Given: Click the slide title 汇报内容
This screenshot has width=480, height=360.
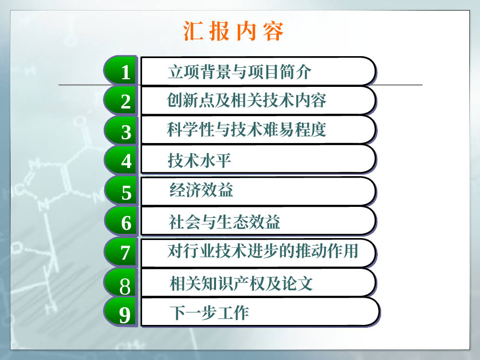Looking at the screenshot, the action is pyautogui.click(x=233, y=31).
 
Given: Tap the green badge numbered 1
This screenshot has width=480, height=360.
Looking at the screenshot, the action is pyautogui.click(x=120, y=70).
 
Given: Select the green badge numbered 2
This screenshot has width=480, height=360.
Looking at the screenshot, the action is pyautogui.click(x=120, y=100).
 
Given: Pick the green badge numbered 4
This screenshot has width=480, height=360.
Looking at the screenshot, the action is pyautogui.click(x=120, y=160).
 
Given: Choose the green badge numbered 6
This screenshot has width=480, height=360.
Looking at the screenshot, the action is pyautogui.click(x=120, y=221).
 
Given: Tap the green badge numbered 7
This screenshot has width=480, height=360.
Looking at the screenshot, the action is pyautogui.click(x=120, y=252).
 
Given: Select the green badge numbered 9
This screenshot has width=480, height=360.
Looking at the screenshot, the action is pyautogui.click(x=120, y=312).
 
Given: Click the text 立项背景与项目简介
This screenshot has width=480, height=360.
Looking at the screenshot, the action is pyautogui.click(x=240, y=72).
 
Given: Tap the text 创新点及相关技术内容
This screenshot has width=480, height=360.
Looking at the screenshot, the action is pyautogui.click(x=246, y=100).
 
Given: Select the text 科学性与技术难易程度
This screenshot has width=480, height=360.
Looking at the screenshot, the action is pyautogui.click(x=246, y=129).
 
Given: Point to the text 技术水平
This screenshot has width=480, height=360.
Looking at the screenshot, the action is pyautogui.click(x=199, y=160).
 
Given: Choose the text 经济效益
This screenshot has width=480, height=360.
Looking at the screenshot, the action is pyautogui.click(x=201, y=190).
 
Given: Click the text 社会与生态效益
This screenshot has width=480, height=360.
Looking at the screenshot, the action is pyautogui.click(x=224, y=222).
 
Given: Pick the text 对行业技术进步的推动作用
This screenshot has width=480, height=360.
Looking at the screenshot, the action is pyautogui.click(x=263, y=251).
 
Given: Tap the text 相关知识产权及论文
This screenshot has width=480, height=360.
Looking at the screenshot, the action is pyautogui.click(x=241, y=283).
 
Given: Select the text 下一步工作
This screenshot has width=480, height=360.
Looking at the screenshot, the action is pyautogui.click(x=209, y=312).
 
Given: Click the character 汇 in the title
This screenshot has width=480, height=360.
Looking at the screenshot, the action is pyautogui.click(x=193, y=31).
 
